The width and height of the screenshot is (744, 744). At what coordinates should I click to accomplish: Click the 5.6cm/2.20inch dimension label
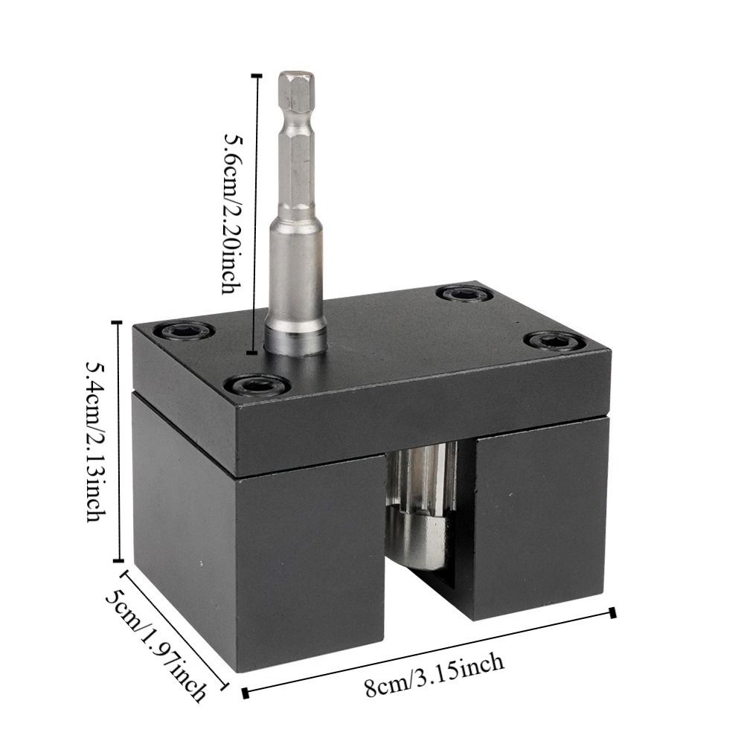tap(233, 214)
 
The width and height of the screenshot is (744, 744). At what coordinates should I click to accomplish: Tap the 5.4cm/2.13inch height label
tap(96, 441)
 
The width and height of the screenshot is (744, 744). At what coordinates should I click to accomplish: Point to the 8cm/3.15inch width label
tap(434, 675)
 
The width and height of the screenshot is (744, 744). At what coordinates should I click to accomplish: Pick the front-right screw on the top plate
tap(554, 341)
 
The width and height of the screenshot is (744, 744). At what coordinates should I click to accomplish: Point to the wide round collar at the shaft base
tap(295, 338)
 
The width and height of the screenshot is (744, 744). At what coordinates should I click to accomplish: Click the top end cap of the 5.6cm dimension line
tap(257, 75)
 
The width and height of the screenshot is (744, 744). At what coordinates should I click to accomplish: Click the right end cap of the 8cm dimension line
tap(612, 612)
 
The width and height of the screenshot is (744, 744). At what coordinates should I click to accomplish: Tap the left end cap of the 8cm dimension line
tap(246, 693)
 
